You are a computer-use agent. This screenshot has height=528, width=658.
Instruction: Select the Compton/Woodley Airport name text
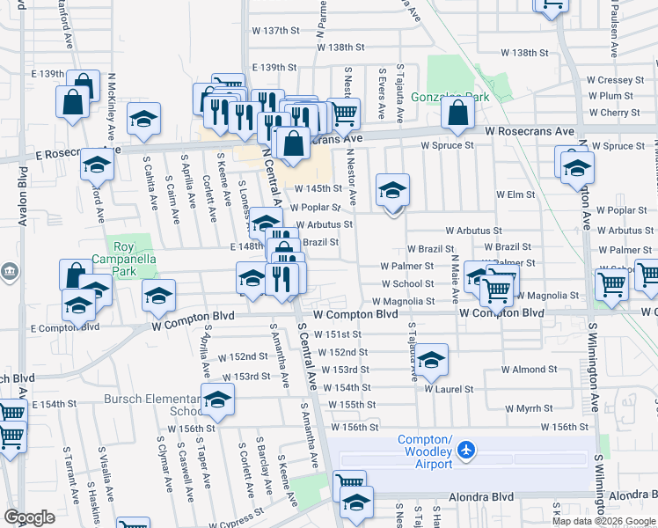pos(425,446)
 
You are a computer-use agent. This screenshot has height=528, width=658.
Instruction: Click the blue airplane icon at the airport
pos(465,451)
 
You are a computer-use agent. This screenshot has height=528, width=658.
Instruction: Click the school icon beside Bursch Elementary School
pos(217,400)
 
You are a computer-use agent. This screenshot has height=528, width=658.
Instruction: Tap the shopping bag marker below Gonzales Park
pos(457,114)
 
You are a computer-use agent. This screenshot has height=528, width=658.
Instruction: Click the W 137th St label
pos(276,31)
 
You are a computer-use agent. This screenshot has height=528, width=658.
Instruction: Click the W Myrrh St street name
pos(530,408)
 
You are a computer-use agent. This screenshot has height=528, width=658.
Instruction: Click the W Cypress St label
pos(233,513)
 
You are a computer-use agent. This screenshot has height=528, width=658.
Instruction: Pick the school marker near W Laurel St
pos(430,360)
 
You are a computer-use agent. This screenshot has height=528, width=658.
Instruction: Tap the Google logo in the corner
pos(29,517)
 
